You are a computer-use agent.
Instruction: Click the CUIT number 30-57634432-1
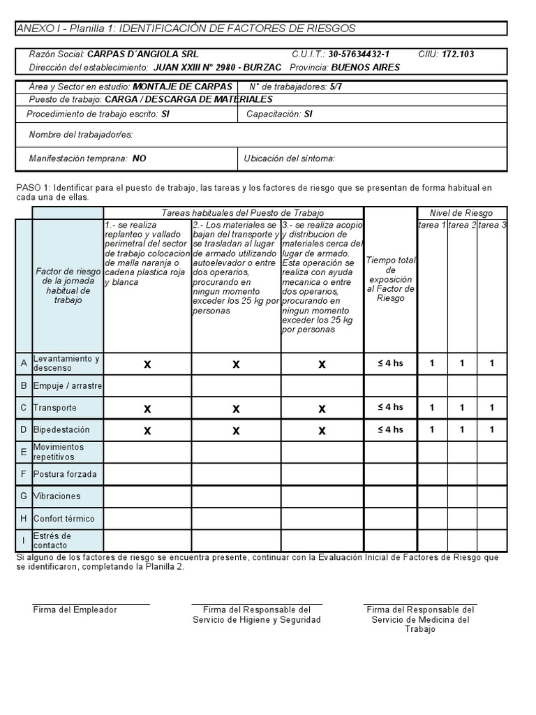pyautogui.click(x=359, y=54)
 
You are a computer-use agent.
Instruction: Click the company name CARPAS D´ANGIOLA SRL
pyautogui.click(x=143, y=54)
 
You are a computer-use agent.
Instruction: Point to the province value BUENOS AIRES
pyautogui.click(x=365, y=67)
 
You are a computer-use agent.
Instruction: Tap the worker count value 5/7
pyautogui.click(x=336, y=87)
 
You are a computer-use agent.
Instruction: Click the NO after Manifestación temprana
pyautogui.click(x=139, y=159)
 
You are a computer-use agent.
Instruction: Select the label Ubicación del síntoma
pyautogui.click(x=289, y=159)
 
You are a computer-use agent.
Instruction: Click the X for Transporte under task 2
pyautogui.click(x=236, y=408)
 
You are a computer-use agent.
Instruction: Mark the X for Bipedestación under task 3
pyautogui.click(x=322, y=431)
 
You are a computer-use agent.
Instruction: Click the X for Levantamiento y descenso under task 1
pyautogui.click(x=147, y=364)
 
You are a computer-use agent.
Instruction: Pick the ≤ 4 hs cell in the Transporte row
pyautogui.click(x=390, y=407)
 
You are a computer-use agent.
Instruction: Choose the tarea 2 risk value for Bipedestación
pyautogui.click(x=461, y=429)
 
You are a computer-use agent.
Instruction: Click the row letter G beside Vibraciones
pyautogui.click(x=24, y=496)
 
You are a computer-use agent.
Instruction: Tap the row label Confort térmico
pyautogui.click(x=64, y=519)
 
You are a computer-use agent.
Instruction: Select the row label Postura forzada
pyautogui.click(x=65, y=474)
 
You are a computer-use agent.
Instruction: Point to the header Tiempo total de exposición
pyautogui.click(x=390, y=279)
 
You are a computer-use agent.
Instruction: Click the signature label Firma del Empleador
pyautogui.click(x=75, y=610)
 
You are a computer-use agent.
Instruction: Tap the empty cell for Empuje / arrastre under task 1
pyautogui.click(x=147, y=385)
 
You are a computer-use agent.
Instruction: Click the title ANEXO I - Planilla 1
pyautogui.click(x=186, y=29)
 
